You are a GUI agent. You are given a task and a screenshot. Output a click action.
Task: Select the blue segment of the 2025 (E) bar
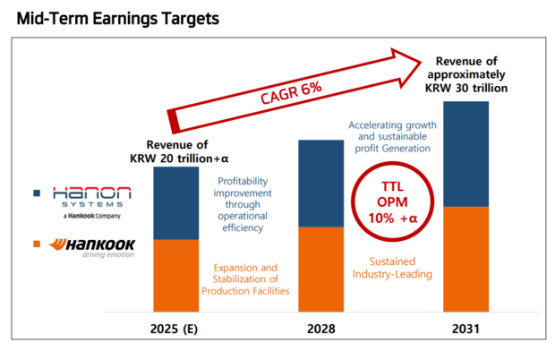pyautogui.click(x=175, y=203)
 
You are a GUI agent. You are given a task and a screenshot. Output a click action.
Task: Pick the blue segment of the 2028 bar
pyautogui.click(x=320, y=184)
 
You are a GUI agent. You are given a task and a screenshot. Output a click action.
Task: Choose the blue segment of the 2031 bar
pyautogui.click(x=465, y=154)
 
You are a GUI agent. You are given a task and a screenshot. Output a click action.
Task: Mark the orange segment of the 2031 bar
pyautogui.click(x=465, y=259)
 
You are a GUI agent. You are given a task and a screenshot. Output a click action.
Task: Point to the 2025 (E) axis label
pyautogui.click(x=175, y=329)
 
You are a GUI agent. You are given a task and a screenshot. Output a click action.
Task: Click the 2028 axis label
pyautogui.click(x=320, y=329)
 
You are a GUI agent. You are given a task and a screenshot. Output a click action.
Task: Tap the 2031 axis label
pyautogui.click(x=465, y=329)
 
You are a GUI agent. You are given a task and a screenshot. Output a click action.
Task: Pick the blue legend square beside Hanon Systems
pyautogui.click(x=37, y=192)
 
